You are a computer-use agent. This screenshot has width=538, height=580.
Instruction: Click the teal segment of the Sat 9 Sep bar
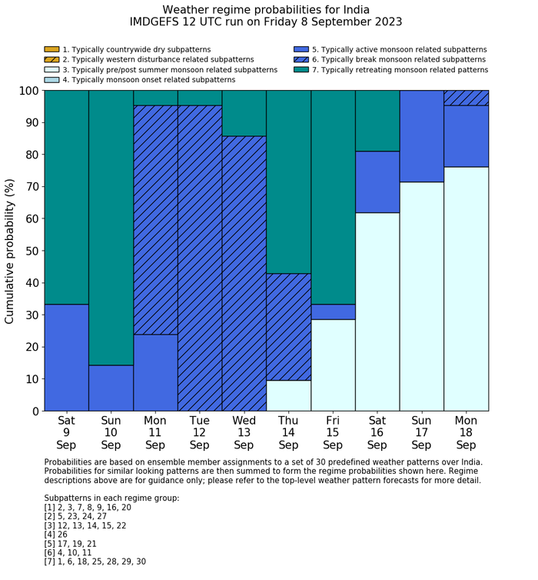pos(66,197)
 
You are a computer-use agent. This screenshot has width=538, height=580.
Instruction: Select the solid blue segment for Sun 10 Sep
pos(111,388)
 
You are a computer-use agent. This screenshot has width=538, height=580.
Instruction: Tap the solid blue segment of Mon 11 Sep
pos(155,372)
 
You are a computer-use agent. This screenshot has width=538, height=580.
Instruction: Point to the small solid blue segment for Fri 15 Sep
pos(333,312)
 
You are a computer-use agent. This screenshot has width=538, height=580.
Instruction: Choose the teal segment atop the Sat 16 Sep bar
pos(377,121)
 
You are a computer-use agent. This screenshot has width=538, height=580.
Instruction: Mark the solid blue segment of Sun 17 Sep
pos(422,136)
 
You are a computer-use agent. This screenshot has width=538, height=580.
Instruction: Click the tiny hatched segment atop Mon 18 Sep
pos(467,98)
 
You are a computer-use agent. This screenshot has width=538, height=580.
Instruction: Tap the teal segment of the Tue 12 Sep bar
pos(200,98)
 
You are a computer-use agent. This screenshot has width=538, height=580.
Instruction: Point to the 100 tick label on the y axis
pos(26,91)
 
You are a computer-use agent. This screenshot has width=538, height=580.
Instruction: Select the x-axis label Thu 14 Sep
pos(288,433)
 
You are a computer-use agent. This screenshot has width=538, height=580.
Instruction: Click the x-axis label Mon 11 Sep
pos(155,433)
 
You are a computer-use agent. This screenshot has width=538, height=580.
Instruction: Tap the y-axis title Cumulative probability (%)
pos(10,251)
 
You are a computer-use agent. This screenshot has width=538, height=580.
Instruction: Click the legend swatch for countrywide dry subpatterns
pos(51,49)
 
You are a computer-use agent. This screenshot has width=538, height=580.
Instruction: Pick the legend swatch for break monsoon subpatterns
pos(301,59)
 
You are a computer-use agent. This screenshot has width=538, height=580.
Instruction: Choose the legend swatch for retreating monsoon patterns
pos(301,69)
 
